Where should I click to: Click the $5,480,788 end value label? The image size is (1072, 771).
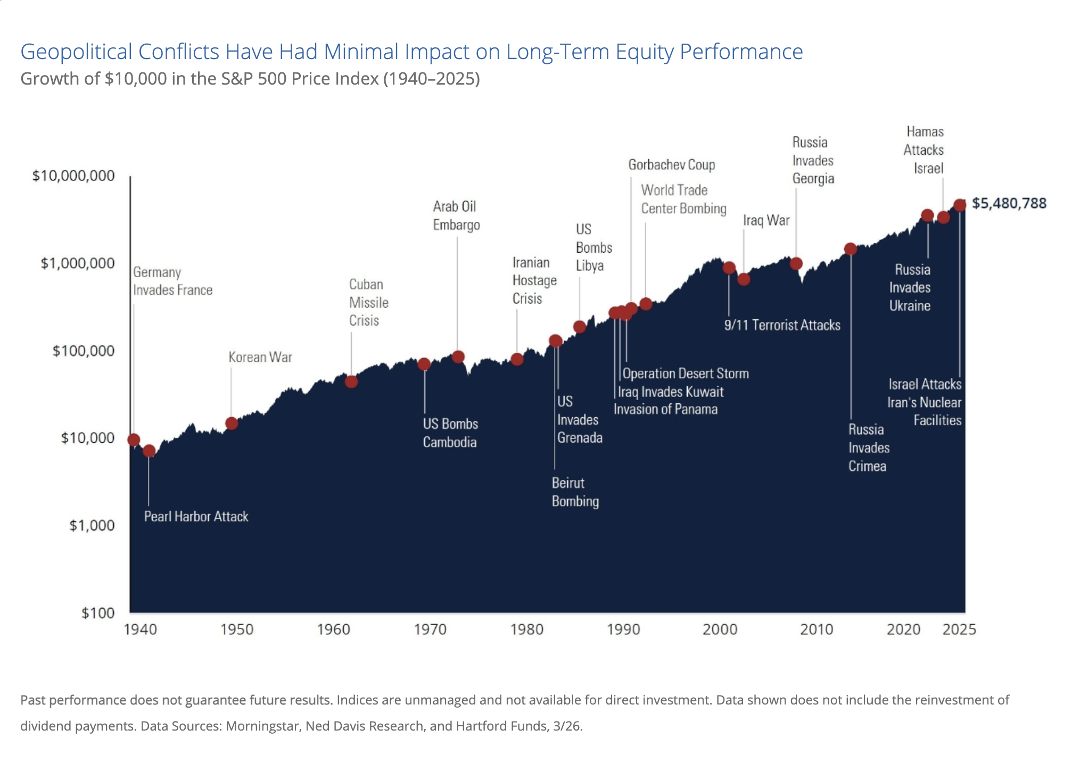click(1009, 203)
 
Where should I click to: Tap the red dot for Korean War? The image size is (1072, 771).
click(232, 424)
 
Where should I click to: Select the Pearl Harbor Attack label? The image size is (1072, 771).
click(196, 517)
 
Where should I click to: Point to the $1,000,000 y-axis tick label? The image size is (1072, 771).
click(78, 263)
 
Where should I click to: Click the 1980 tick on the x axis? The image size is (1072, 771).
click(526, 629)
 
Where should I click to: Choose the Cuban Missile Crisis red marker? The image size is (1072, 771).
click(351, 382)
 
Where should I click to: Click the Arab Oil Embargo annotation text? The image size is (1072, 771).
click(456, 215)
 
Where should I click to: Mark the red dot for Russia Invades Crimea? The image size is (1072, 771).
click(851, 249)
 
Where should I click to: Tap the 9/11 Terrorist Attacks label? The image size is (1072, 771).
click(782, 325)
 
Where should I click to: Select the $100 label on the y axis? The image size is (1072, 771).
click(98, 613)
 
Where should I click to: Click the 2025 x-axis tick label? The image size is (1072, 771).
click(959, 629)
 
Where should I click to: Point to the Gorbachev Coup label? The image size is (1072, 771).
click(671, 165)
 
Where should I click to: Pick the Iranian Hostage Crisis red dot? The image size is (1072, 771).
click(517, 359)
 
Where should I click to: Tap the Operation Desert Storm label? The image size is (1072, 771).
click(686, 374)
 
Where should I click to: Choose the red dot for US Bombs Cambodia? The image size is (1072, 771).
click(424, 364)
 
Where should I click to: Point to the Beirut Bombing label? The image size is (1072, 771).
click(575, 492)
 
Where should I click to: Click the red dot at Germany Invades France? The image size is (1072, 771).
click(134, 440)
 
